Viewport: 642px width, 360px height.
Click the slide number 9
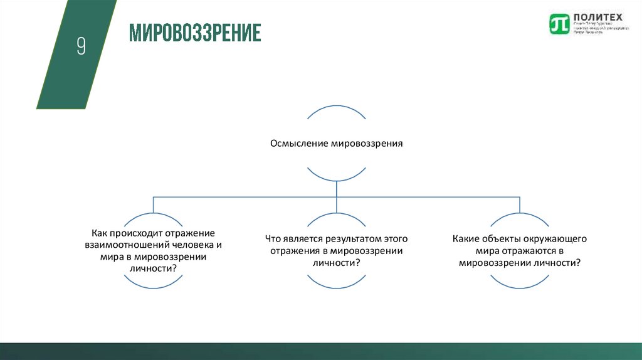point(81,46)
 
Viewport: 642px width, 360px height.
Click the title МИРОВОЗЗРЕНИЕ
point(195,33)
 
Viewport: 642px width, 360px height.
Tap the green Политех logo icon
point(557,24)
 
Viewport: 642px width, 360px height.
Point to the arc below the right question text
point(519,282)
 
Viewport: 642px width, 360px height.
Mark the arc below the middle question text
point(336,282)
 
